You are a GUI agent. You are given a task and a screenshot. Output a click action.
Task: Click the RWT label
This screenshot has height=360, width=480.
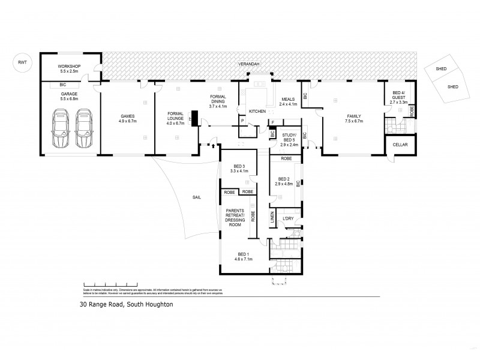23,62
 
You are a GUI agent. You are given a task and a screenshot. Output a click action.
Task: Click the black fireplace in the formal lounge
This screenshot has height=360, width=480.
194,117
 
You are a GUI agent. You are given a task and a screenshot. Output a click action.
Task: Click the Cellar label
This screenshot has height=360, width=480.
400,145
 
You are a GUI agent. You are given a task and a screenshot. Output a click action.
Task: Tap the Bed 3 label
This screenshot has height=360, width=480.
238,167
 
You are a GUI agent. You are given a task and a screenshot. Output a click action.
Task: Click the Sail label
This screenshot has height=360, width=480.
196,196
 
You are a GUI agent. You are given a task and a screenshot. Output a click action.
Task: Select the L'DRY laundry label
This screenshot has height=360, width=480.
288,218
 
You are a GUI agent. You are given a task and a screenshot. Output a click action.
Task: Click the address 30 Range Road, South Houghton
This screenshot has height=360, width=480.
126,304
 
